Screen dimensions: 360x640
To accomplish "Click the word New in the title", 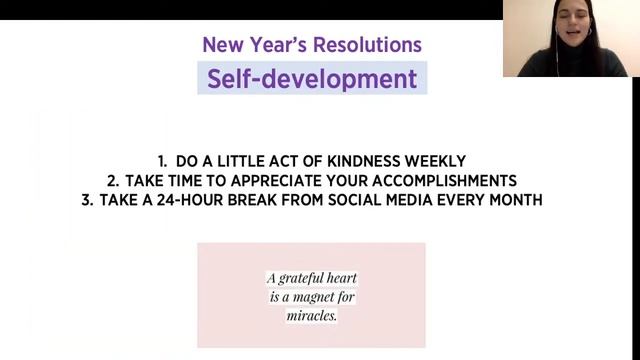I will pyautogui.click(x=222, y=45).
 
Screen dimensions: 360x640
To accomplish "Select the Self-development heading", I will pyautogui.click(x=312, y=78).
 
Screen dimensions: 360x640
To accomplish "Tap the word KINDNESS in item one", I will pyautogui.click(x=378, y=161).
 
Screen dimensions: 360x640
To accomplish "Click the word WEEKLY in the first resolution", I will pyautogui.click(x=442, y=161).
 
